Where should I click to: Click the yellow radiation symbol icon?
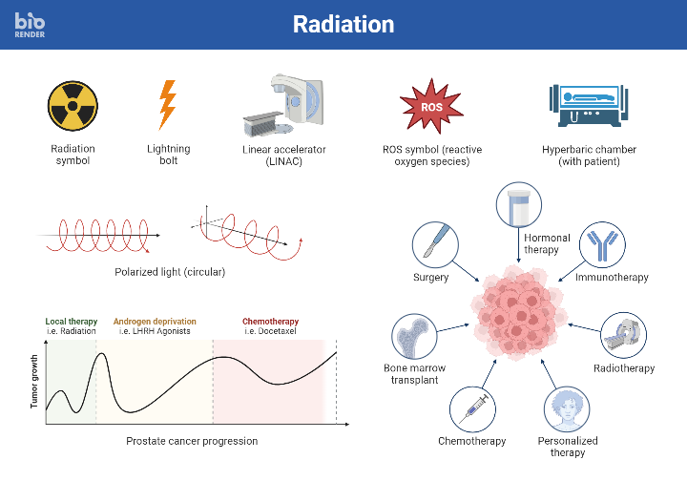tap(73, 105)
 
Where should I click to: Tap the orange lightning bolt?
tap(168, 104)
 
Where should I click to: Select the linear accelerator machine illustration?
tap(284, 106)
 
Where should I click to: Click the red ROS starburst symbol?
tap(432, 106)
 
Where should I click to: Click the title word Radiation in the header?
tap(343, 24)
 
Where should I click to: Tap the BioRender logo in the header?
tap(30, 25)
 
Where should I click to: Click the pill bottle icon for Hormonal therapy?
tap(519, 207)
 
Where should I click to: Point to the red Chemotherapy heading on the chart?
tap(270, 322)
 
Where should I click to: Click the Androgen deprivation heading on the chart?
tap(155, 322)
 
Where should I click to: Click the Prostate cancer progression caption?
tap(192, 441)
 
